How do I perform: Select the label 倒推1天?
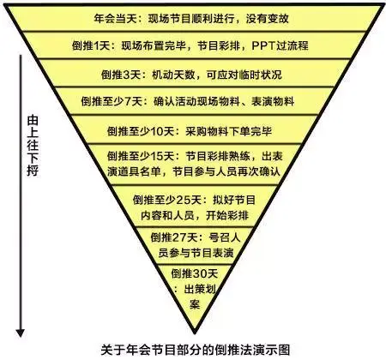coord(91,45)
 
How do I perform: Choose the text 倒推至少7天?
coord(112,101)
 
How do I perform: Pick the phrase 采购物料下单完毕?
coord(229,131)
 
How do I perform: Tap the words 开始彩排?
coord(227,215)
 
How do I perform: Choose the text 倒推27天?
coord(175,237)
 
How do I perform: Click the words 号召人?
coord(225,237)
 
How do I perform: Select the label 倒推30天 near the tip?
coord(195,273)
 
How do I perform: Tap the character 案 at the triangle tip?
coord(195,304)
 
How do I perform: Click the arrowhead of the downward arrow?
coord(21,333)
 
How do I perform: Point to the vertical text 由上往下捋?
coord(33,146)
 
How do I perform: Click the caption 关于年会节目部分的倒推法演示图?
coord(196,350)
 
